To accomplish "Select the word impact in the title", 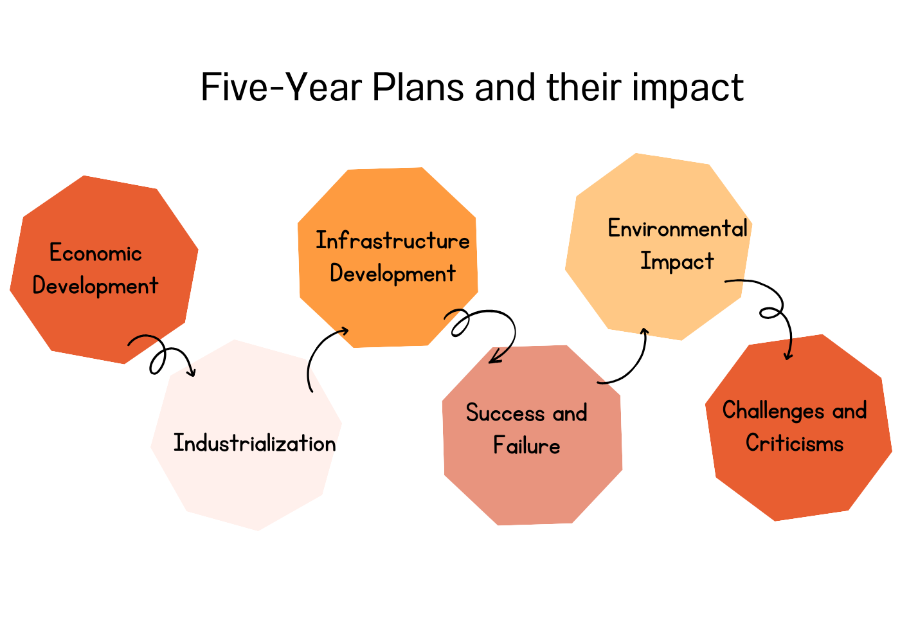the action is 688,89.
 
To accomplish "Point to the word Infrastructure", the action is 393,240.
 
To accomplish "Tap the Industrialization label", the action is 255,442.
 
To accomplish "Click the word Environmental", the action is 678,228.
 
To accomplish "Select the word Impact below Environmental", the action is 677,261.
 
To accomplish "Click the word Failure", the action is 526,445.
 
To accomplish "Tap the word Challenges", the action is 773,411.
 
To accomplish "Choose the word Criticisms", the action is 795,442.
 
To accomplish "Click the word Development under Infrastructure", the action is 393,274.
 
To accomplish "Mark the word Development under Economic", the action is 95,285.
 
